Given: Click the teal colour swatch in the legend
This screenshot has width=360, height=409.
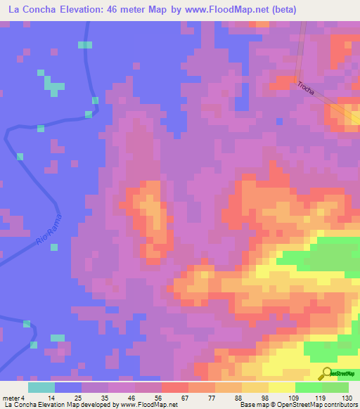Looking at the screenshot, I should (41, 387).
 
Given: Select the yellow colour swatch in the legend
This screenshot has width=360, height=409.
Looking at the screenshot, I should (281, 387).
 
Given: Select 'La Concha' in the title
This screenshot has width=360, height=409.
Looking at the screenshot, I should (30, 10).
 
